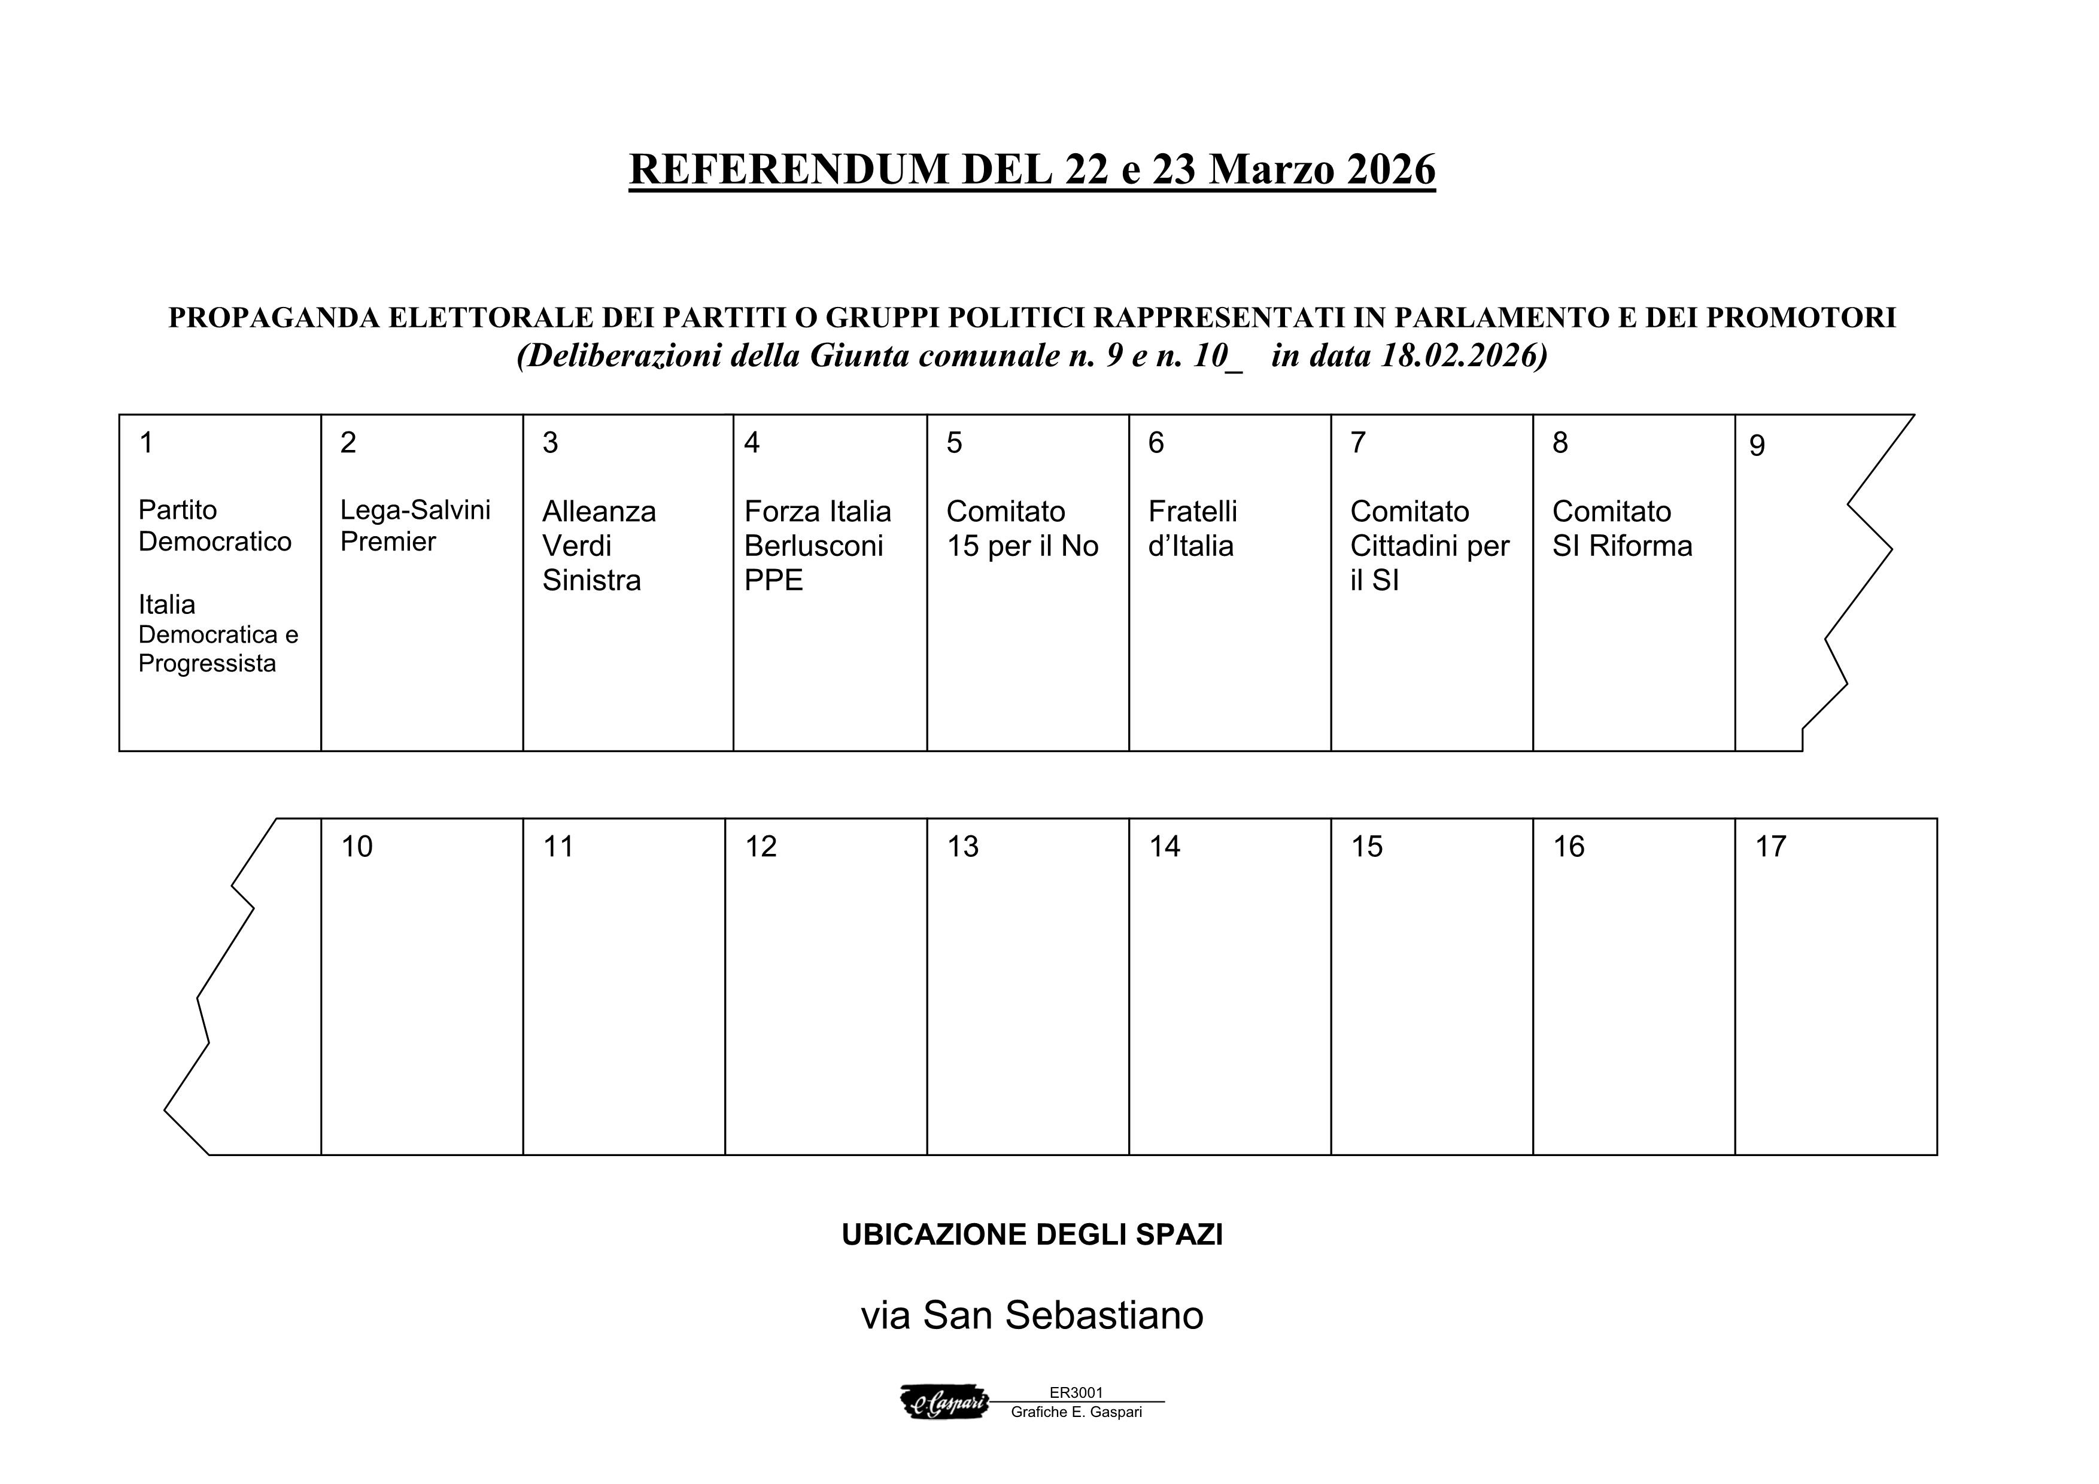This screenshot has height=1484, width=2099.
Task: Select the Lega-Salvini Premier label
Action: pyautogui.click(x=415, y=525)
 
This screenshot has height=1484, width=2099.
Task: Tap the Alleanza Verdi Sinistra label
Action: pyautogui.click(x=599, y=546)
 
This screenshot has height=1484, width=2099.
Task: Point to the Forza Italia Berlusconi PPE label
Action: pyautogui.click(x=818, y=546)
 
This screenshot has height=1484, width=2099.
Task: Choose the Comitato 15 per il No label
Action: pyautogui.click(x=1022, y=529)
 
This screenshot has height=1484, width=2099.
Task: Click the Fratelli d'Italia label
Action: pyautogui.click(x=1192, y=529)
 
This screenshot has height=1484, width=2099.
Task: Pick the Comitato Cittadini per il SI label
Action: pyautogui.click(x=1429, y=546)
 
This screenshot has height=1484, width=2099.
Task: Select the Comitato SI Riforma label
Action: pyautogui.click(x=1622, y=529)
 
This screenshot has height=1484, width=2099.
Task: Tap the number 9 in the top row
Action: pyautogui.click(x=1756, y=446)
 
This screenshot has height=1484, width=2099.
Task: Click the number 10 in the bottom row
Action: pyautogui.click(x=357, y=847)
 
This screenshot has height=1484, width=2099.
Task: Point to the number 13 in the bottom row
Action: pyautogui.click(x=962, y=847)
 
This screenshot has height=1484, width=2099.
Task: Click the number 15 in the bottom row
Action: pyautogui.click(x=1367, y=847)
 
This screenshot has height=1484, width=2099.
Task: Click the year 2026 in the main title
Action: pyautogui.click(x=1390, y=169)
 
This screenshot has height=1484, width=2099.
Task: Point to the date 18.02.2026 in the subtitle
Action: pyautogui.click(x=1457, y=355)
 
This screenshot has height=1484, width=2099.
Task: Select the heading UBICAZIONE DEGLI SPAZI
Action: pyautogui.click(x=1032, y=1234)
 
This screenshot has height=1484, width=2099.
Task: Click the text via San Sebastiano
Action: pyautogui.click(x=1032, y=1315)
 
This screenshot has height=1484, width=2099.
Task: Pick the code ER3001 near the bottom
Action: pyautogui.click(x=1076, y=1392)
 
